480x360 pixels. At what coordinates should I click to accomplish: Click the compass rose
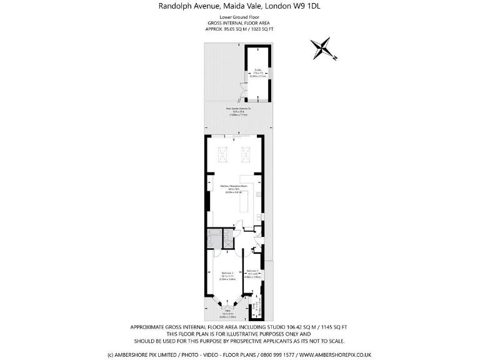tap(323, 49)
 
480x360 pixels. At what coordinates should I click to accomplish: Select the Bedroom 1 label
tap(227, 275)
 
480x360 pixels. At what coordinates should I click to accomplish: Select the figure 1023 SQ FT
tap(262, 28)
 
